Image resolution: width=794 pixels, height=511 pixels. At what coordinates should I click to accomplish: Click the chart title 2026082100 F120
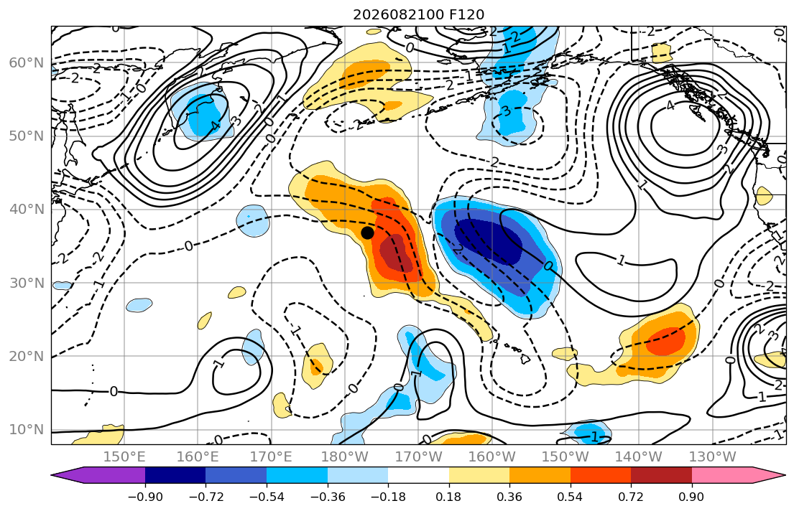point(418,14)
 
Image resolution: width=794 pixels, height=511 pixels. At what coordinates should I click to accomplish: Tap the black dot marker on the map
point(368,233)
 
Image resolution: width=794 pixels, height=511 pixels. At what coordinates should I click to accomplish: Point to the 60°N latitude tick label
point(27,62)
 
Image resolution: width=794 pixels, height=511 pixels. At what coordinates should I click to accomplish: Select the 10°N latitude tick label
point(27,430)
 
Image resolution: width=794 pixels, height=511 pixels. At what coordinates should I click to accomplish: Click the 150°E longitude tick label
point(124,457)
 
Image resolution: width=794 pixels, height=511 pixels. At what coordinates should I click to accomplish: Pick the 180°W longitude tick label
point(346,457)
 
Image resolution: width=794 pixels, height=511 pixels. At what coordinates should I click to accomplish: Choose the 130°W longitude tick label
point(713,457)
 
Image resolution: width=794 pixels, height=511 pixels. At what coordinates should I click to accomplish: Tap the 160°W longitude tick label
point(492,457)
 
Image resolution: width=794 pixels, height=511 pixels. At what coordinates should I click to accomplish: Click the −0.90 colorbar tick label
point(145,497)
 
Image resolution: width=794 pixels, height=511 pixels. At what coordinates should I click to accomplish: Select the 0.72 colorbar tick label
point(631,497)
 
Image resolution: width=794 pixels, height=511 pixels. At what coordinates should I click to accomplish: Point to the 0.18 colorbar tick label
point(448,497)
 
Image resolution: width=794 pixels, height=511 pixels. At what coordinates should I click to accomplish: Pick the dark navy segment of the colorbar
point(175,475)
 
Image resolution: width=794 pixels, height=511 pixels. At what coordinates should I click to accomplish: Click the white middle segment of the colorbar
point(418,475)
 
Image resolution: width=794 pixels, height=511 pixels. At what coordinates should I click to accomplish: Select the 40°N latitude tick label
point(27,210)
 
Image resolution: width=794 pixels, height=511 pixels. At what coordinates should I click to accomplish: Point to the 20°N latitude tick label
point(27,356)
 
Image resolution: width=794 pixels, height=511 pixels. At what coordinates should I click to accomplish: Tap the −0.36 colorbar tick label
point(328,497)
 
